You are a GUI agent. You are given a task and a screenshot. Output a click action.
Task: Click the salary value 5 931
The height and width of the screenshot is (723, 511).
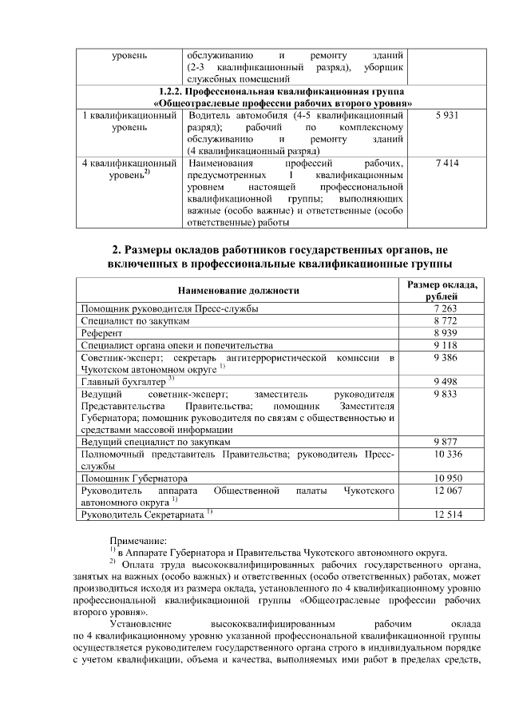pos(446,117)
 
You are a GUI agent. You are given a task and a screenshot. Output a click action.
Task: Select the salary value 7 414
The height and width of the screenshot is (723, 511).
pos(446,163)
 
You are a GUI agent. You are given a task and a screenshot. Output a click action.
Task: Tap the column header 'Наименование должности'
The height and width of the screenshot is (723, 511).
pos(239,291)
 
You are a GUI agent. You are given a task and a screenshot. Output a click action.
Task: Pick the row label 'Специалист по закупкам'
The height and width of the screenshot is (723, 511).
pos(136,320)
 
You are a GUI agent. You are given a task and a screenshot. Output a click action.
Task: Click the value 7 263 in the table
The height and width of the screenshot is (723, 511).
pos(446,308)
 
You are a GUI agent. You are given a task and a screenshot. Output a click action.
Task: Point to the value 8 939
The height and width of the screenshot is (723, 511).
pos(446,332)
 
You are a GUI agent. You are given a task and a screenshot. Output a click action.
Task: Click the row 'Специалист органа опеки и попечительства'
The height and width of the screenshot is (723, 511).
pos(177,345)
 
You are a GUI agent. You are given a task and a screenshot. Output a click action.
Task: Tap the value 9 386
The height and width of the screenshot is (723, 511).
pos(446,358)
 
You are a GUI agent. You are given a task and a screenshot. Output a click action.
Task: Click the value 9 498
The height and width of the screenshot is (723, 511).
pos(446,381)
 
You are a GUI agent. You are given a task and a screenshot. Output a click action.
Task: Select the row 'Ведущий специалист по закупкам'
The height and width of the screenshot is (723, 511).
pos(156,442)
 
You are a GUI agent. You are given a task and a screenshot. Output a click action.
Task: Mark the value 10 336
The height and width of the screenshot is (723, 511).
pos(446,454)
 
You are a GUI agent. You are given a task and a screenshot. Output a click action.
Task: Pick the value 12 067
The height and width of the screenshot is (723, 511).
pos(446,490)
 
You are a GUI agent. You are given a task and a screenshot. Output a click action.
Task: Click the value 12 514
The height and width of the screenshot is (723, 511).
pos(446,514)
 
